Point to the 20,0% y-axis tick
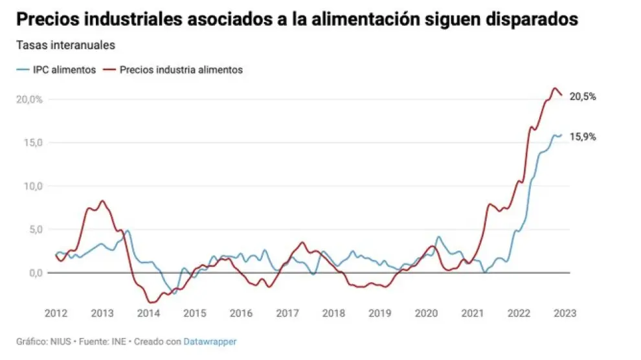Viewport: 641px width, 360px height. tap(29, 99)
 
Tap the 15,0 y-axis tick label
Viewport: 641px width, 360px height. tap(31, 142)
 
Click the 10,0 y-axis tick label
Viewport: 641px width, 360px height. tap(31, 186)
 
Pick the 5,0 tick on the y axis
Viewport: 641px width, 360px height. tap(34, 229)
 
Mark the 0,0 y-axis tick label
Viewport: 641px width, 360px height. tap(34, 273)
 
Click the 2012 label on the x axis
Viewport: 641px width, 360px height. tap(56, 313)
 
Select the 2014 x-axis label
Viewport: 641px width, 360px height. tap(148, 313)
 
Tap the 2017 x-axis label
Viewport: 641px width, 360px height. tap(287, 313)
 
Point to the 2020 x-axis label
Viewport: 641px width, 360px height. tap(426, 313)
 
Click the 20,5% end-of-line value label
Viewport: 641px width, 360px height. tap(583, 96)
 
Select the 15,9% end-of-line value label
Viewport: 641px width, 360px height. tap(583, 137)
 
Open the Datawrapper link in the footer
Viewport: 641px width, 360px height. tap(210, 341)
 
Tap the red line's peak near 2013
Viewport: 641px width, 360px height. tap(102, 201)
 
